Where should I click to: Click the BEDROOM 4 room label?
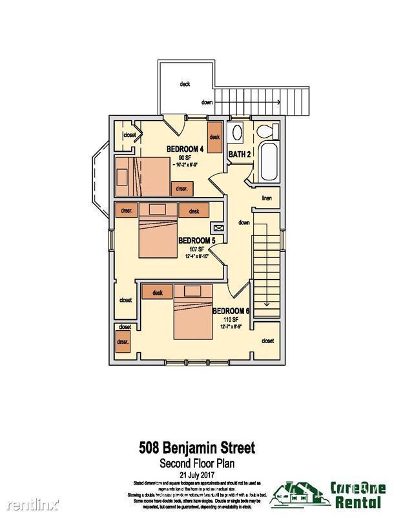(185, 149)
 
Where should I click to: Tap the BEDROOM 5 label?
(196, 240)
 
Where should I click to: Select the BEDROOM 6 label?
(231, 311)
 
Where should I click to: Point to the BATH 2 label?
(240, 154)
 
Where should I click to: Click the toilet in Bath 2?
(265, 132)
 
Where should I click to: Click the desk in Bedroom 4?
(214, 137)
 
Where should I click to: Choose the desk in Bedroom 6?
(157, 293)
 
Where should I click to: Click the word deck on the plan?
(185, 84)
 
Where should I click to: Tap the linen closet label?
(266, 198)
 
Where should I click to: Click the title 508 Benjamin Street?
(197, 447)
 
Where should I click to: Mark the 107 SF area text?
(197, 249)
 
